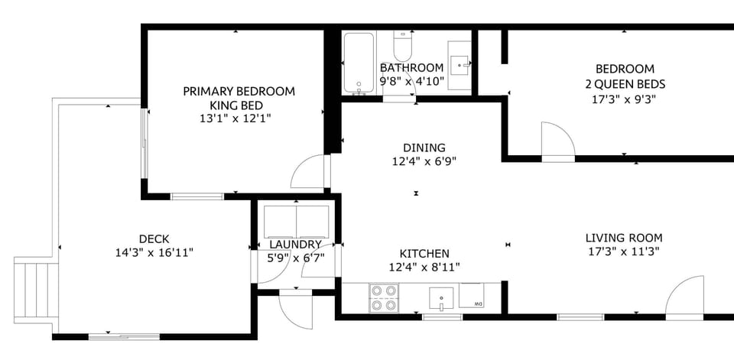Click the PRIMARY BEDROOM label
pos(239,91)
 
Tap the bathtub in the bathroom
pos(359,63)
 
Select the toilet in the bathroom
pos(403,46)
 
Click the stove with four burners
pos(384,298)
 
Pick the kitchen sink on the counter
pos(441,299)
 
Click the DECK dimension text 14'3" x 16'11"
pos(154,253)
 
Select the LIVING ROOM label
pos(624,238)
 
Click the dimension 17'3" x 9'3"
pos(624,99)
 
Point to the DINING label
pos(424,148)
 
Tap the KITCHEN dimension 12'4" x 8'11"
pos(424,268)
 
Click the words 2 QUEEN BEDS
pos(625,84)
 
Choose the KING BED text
pos(236,105)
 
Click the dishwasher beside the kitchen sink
pos(472,295)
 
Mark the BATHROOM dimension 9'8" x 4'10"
pos(412,81)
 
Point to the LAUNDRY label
pos(295,245)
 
